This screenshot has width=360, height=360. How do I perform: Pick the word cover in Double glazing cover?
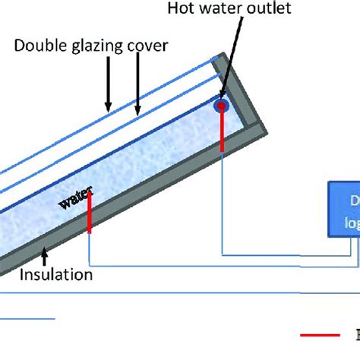point(146,46)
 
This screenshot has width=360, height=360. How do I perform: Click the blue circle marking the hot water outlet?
point(222,105)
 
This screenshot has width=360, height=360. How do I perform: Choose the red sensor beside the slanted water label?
point(90,211)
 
